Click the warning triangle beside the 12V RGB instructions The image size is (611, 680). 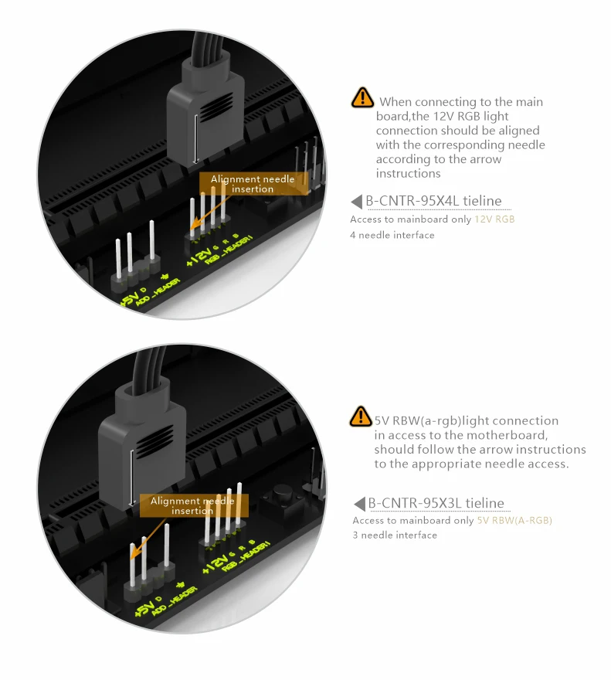click(x=362, y=97)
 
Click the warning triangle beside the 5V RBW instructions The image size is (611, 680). click(x=361, y=416)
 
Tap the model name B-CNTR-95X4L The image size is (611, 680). click(x=412, y=201)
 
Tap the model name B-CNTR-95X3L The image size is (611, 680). click(x=414, y=503)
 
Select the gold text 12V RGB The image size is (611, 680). click(x=494, y=219)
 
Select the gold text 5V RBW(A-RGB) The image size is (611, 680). click(x=514, y=520)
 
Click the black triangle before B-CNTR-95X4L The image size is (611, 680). click(x=356, y=201)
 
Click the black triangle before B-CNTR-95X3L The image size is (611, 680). click(x=359, y=504)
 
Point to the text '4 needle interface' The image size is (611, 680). click(x=392, y=235)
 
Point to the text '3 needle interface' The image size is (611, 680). click(x=395, y=535)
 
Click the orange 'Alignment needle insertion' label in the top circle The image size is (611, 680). click(x=253, y=184)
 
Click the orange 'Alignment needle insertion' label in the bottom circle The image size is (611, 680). click(x=193, y=505)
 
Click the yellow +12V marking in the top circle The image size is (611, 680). click(x=199, y=257)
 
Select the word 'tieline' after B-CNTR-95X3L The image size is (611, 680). click(x=485, y=503)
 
